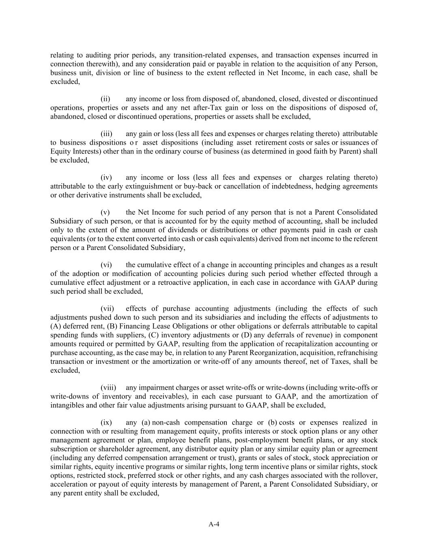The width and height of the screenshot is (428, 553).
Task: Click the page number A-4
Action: (x=214, y=524)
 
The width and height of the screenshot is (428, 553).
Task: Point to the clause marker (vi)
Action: (x=106, y=265)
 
